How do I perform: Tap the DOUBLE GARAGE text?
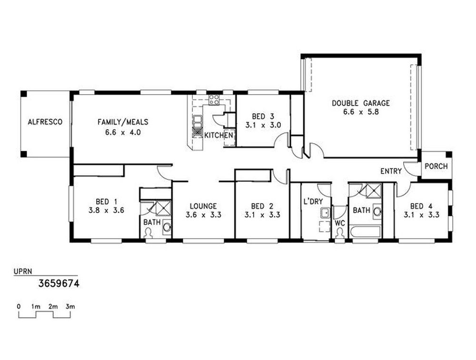click(x=361, y=103)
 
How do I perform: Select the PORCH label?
click(x=436, y=166)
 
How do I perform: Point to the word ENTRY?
click(x=391, y=171)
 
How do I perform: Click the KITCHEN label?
click(x=218, y=135)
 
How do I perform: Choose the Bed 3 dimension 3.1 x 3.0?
click(x=263, y=125)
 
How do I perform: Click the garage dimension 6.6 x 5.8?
click(x=361, y=112)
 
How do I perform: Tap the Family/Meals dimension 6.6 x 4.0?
click(x=123, y=133)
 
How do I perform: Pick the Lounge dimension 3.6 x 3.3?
click(x=203, y=215)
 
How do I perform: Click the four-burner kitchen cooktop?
click(x=214, y=100)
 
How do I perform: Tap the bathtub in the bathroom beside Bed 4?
click(x=365, y=233)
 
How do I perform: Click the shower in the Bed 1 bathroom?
click(x=164, y=208)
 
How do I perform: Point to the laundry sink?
click(x=325, y=213)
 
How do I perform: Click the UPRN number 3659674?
click(x=59, y=283)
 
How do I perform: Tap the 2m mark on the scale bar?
click(x=53, y=307)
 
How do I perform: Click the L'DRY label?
click(x=313, y=201)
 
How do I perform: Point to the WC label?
click(x=340, y=223)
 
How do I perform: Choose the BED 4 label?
click(x=421, y=206)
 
